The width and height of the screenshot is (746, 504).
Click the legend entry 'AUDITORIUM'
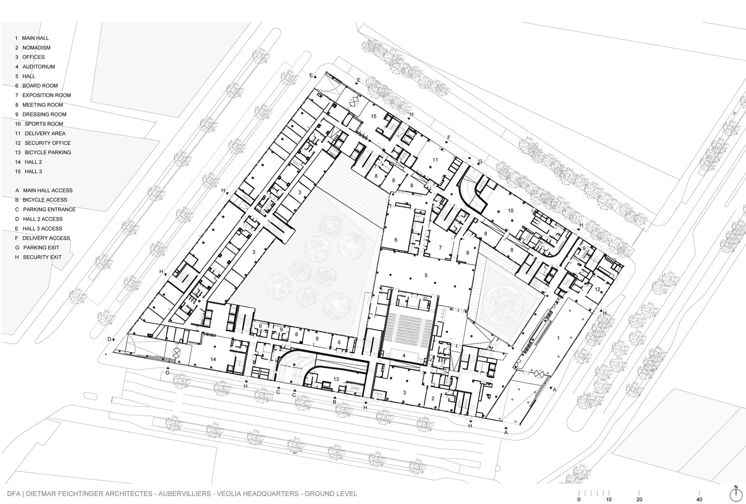coord(38,67)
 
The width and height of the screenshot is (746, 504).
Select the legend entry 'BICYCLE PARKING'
coord(48,152)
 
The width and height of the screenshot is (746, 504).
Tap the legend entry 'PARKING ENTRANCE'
coord(49,209)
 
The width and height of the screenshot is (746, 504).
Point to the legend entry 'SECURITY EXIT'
coord(42,257)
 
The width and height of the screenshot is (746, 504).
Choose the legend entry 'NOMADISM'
coord(36,48)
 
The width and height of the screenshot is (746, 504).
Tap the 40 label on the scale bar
coord(699,500)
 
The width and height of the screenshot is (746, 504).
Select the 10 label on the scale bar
coord(609,500)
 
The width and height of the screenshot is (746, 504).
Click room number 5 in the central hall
coord(426,276)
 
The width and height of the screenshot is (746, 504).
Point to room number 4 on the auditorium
coord(404,356)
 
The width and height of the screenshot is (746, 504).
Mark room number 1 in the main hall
coord(558,338)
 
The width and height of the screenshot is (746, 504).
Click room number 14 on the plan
coord(213,360)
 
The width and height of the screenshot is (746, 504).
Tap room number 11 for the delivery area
coord(435,160)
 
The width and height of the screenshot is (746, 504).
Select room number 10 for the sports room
coord(510,211)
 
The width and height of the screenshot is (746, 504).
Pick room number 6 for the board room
coord(396,240)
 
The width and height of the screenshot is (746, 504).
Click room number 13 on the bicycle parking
coord(336,379)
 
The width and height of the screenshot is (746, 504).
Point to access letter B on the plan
coord(335,402)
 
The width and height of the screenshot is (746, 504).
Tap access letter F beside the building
coord(449,138)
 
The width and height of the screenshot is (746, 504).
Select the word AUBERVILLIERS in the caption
coord(185,494)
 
